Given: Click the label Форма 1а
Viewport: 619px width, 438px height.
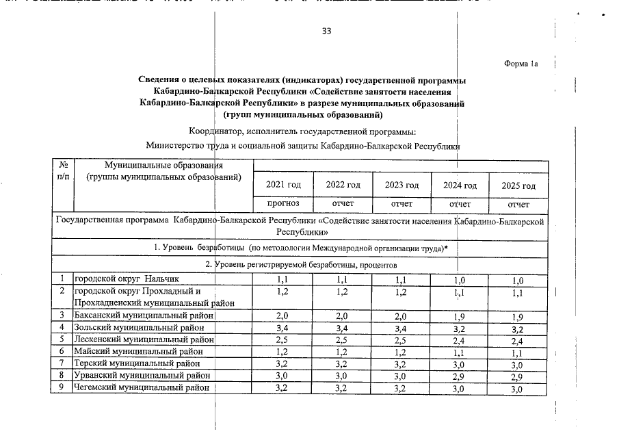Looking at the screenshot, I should coord(521,64).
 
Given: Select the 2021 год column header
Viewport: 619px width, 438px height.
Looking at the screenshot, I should coord(283,185).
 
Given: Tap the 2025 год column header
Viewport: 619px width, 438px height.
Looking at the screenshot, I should coord(518,185).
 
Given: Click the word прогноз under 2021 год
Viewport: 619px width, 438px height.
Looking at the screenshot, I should coord(283,204).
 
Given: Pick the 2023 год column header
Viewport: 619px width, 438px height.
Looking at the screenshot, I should coord(401,185).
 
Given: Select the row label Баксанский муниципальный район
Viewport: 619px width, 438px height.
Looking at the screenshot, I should coord(144,315).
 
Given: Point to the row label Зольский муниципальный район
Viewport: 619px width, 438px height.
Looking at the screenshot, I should coord(139,327).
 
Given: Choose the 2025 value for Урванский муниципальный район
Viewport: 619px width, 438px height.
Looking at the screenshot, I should coord(518,376).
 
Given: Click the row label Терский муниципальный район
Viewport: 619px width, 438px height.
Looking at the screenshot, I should coord(137,364).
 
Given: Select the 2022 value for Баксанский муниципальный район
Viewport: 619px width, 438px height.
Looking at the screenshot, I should coord(343,315).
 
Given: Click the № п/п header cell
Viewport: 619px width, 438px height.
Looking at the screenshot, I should coord(63,171).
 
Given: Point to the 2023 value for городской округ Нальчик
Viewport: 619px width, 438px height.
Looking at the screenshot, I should coord(402,279).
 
